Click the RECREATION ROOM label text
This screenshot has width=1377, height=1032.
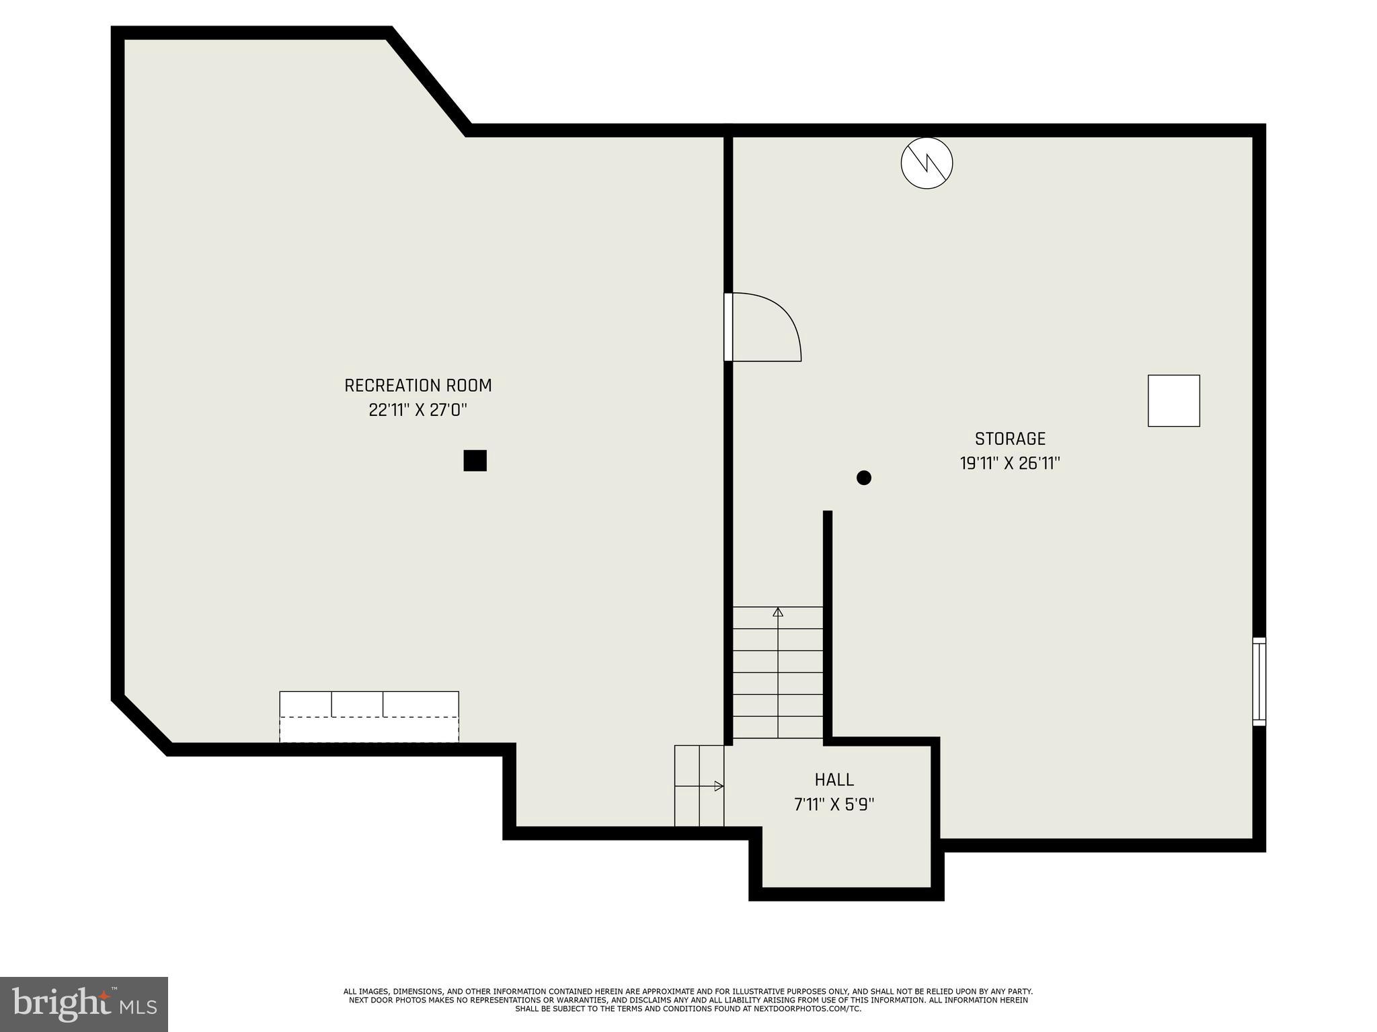click(418, 386)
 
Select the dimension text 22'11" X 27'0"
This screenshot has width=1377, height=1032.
click(418, 410)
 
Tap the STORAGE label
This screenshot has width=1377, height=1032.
click(1010, 439)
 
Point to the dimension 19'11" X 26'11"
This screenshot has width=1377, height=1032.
click(1010, 464)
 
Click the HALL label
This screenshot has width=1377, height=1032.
click(834, 779)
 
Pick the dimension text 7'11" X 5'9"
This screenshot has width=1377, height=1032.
click(834, 804)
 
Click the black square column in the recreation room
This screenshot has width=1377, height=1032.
click(475, 461)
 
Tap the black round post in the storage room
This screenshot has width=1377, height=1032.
click(864, 478)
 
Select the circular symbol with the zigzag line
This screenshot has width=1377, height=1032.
click(927, 163)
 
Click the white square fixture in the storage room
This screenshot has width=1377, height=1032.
click(1173, 400)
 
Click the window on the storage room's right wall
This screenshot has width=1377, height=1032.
click(1259, 681)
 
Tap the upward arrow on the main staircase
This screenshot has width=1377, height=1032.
click(778, 613)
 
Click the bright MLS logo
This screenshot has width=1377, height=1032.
click(83, 1004)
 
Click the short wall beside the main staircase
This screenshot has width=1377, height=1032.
click(828, 625)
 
